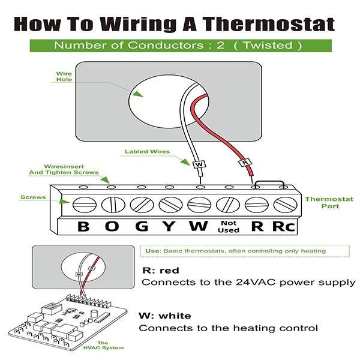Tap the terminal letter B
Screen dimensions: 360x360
pos(83,227)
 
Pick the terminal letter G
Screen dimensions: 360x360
pos(140,227)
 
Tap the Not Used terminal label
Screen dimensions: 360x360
pos(228,227)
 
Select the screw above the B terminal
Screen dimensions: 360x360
pos(83,205)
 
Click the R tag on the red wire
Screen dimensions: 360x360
pos(244,163)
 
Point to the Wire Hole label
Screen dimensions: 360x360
pos(64,76)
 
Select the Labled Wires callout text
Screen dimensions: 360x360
pos(147,152)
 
